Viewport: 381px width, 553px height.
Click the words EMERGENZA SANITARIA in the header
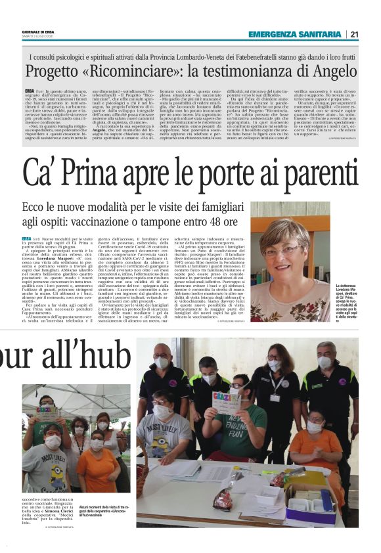pos(294,34)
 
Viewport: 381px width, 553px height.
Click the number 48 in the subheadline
pos(182,223)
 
